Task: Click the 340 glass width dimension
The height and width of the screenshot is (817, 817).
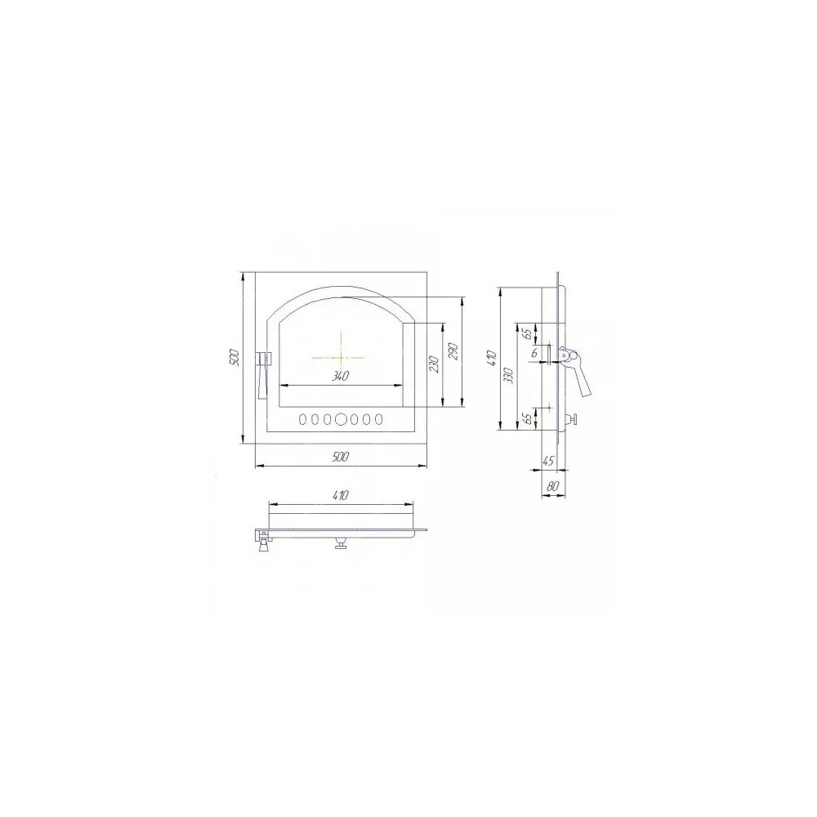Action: pos(340,376)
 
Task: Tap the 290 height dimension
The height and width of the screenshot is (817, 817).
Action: pos(453,351)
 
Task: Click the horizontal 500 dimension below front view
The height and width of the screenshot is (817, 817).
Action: pos(340,457)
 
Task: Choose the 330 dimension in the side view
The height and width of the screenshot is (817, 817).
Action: pos(509,376)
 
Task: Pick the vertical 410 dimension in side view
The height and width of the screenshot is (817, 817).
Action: pos(493,359)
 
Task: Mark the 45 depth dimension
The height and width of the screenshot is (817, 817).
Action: pos(549,461)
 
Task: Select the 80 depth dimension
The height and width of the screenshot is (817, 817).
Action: pos(553,487)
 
